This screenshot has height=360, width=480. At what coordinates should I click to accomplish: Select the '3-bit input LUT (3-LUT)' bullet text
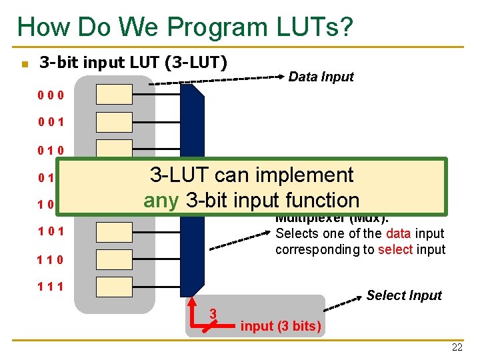tap(133, 63)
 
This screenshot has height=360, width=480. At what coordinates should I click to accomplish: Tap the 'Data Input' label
tap(321, 77)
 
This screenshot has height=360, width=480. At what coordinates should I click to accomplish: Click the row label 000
tap(51, 95)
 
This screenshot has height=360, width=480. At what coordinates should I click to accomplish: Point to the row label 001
tap(51, 123)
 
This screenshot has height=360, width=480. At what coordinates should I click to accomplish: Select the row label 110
tap(51, 259)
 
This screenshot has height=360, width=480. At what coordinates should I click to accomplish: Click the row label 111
tap(51, 287)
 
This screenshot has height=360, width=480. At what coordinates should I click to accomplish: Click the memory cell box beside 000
tap(114, 95)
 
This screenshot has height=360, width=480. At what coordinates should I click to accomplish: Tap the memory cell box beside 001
tap(114, 123)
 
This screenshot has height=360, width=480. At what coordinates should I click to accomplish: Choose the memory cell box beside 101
tap(114, 231)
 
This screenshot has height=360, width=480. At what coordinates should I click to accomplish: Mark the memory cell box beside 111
tap(114, 286)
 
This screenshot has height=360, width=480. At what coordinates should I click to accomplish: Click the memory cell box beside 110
tap(114, 259)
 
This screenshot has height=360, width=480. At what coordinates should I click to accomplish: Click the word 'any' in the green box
tap(161, 200)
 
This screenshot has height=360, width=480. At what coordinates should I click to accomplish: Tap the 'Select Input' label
tap(404, 295)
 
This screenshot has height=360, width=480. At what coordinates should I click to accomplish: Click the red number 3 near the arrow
tap(213, 313)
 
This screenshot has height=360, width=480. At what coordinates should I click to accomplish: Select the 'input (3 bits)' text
tap(281, 326)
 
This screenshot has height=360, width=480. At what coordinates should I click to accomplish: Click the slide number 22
tap(456, 347)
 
